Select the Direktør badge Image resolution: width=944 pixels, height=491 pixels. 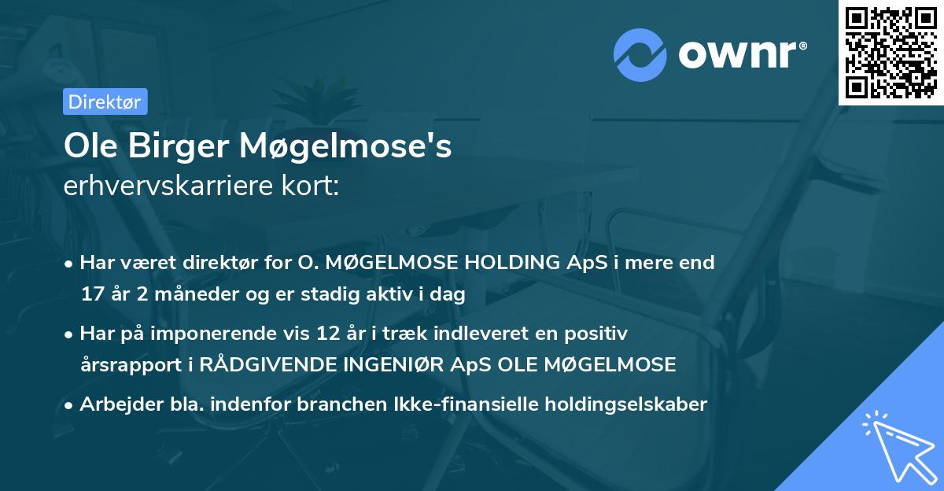click(x=105, y=102)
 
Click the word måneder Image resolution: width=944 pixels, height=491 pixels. click(x=181, y=294)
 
